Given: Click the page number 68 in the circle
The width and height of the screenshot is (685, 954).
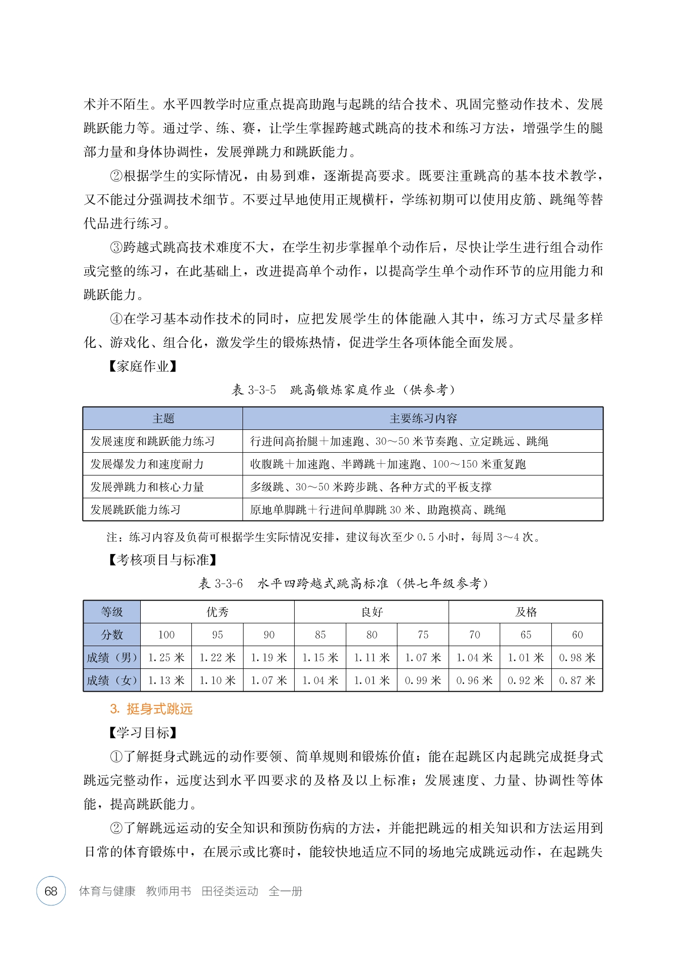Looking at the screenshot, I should (x=51, y=891).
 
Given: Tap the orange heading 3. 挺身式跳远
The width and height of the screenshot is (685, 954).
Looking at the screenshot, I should (x=151, y=709).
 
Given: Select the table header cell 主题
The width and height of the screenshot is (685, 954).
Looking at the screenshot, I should (x=163, y=419).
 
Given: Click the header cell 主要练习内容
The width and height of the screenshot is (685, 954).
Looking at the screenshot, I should (x=423, y=419).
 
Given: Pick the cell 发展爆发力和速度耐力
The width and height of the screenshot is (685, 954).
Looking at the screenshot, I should (x=147, y=464).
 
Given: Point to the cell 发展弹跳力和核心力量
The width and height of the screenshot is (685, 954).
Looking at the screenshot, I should (x=147, y=487).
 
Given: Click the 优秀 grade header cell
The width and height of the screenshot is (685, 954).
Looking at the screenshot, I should (x=217, y=612).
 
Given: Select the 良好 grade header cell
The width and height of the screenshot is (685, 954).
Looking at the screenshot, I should (x=372, y=612).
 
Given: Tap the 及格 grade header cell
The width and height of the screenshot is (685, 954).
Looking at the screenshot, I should (x=526, y=612).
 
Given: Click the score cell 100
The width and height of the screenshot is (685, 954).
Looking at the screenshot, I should (x=166, y=635).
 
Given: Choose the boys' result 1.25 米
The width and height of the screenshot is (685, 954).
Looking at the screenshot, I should (x=166, y=658).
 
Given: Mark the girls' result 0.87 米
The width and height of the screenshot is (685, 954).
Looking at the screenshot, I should (x=577, y=681).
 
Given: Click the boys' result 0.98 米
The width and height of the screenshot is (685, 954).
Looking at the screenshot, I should (x=577, y=658).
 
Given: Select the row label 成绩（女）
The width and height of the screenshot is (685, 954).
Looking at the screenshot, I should (x=112, y=681).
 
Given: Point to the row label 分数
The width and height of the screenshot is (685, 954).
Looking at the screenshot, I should (x=112, y=635).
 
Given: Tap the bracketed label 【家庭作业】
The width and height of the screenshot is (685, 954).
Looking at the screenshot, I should (x=143, y=366).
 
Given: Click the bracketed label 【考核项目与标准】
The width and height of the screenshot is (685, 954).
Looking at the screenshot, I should (x=163, y=560).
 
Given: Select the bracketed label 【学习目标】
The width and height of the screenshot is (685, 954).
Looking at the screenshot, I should (x=143, y=733).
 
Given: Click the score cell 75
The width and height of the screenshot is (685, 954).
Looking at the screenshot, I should (x=423, y=635).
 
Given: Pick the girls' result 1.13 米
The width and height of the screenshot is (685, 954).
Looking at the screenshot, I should (x=166, y=681).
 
